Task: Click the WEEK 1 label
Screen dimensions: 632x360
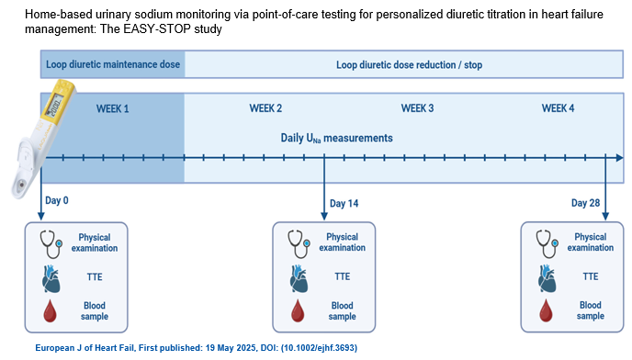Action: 112,109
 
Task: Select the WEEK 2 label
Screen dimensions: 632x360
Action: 265,108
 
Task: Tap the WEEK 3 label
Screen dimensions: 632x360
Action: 417,108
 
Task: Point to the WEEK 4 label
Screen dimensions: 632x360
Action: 558,108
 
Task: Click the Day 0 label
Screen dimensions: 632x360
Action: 57,200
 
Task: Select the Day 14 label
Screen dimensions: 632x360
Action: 344,203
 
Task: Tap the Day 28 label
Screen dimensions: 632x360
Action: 585,203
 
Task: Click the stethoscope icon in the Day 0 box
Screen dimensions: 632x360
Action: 51,244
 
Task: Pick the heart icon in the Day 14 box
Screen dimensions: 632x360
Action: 299,278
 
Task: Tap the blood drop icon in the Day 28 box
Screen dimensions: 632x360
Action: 546,310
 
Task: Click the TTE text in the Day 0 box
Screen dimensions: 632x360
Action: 95,277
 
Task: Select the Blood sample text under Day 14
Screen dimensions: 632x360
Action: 343,310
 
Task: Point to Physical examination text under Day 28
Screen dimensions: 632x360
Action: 591,242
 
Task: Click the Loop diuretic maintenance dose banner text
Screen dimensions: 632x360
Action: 113,64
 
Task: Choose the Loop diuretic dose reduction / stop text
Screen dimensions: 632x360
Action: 409,65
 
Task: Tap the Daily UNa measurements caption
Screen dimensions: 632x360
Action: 336,139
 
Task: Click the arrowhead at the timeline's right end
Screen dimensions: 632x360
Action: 620,158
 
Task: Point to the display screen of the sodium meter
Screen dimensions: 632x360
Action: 54,106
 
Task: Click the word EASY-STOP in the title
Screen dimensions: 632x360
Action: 156,29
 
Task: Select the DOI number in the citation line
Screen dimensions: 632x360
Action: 319,348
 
